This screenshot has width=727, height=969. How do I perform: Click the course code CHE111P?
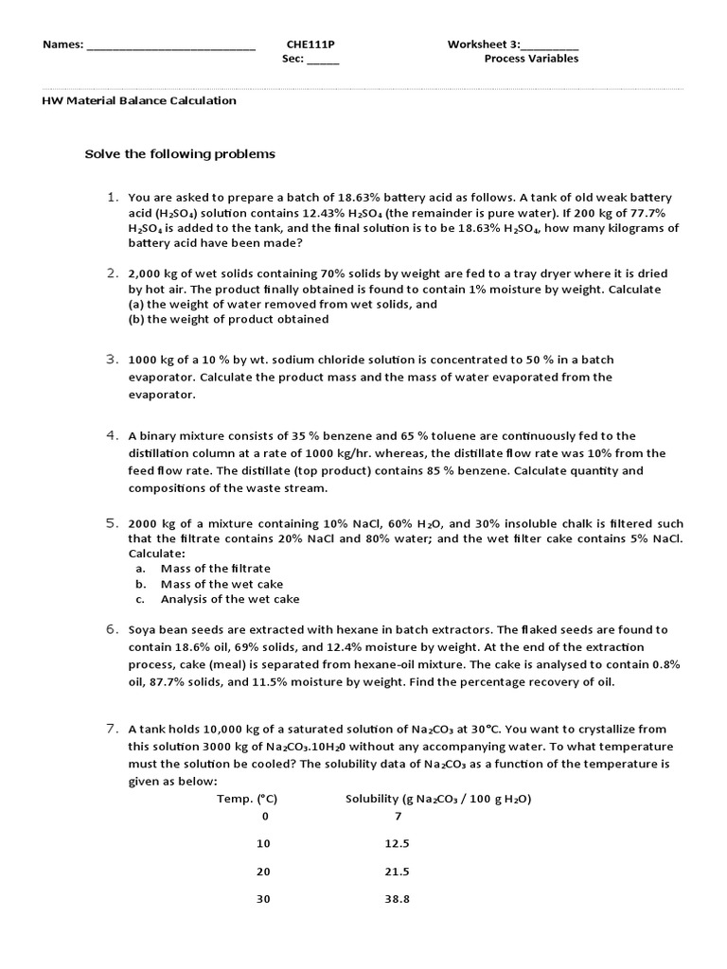310,44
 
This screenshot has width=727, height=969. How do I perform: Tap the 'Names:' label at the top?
63,44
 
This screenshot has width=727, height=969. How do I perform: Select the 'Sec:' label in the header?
293,59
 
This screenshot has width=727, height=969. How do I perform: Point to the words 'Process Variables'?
531,59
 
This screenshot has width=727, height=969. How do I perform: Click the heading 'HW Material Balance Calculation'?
140,100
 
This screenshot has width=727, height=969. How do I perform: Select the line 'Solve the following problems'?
180,153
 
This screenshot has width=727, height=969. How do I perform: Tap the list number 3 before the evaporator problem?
111,360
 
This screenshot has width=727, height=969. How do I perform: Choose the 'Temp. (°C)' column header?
248,800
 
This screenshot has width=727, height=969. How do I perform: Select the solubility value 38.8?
398,899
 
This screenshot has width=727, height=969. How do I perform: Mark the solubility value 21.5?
398,872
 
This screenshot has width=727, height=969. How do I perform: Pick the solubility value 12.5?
398,843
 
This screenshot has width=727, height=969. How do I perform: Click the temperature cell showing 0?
265,816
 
